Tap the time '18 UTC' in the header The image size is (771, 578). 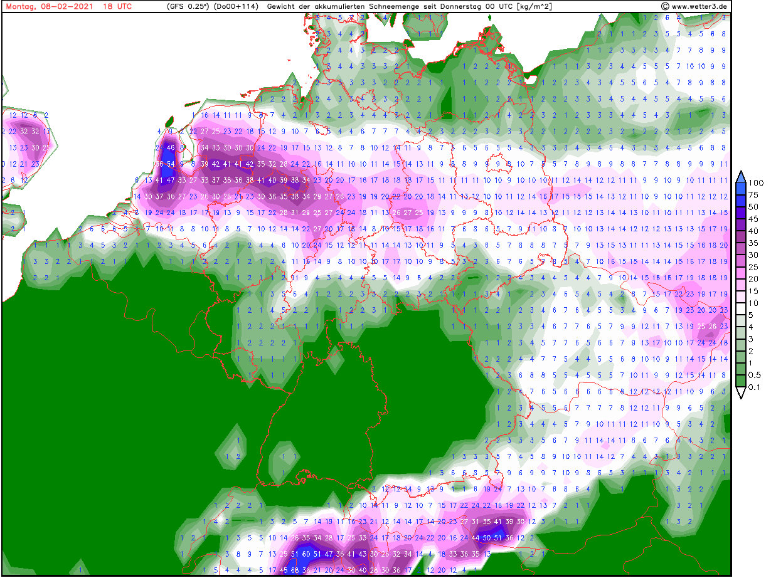(x=117, y=6)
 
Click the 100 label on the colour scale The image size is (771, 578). (x=756, y=183)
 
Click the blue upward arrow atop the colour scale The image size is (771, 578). (x=740, y=176)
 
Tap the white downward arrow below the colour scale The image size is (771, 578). (x=740, y=393)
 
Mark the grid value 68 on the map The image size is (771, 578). (x=295, y=570)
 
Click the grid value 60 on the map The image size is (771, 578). (x=306, y=554)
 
